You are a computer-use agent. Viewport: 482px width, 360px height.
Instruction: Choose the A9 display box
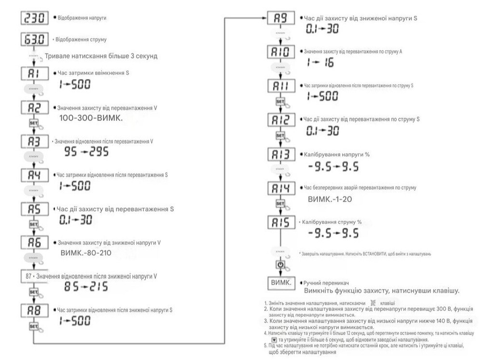280,20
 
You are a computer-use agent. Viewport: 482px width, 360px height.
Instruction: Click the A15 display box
280,223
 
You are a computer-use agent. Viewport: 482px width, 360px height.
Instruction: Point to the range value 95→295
86,153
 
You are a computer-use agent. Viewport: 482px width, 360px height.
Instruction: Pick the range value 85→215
86,288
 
